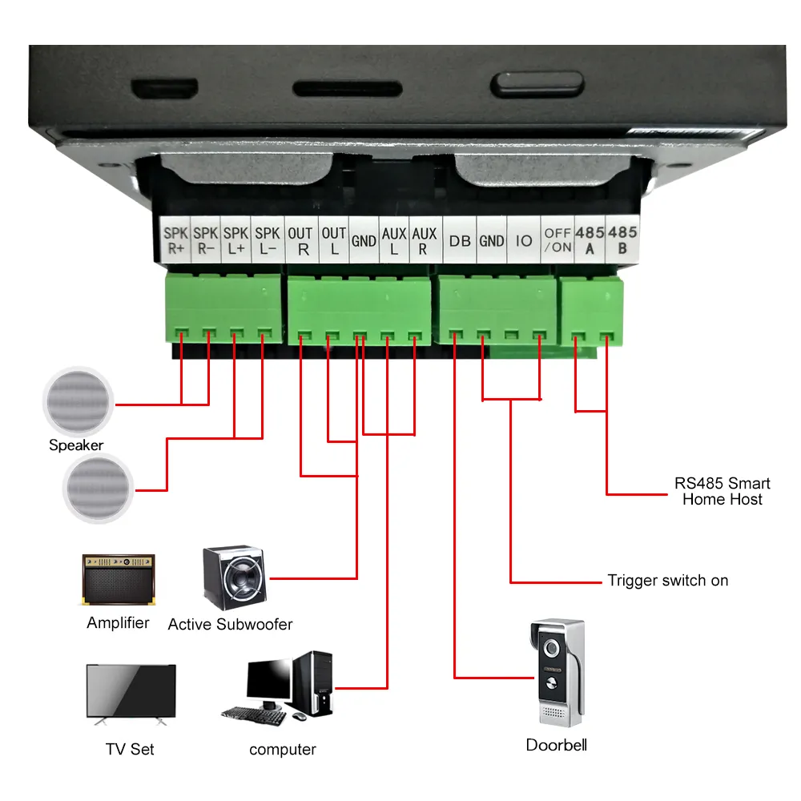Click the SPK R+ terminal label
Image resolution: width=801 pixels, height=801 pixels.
click(x=175, y=240)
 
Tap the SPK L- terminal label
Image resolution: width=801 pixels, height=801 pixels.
click(x=267, y=240)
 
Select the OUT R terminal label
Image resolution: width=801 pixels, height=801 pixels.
click(x=300, y=240)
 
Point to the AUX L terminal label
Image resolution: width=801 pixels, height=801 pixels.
click(x=393, y=240)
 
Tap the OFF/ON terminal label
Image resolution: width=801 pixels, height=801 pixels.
click(x=557, y=240)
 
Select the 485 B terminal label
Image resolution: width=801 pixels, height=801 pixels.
click(x=622, y=240)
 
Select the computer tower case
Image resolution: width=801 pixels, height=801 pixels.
click(x=314, y=682)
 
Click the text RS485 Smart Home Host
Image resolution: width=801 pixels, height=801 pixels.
click(x=722, y=491)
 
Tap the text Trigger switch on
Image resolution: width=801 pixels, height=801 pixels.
click(x=667, y=581)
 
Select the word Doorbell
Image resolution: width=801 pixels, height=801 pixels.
click(x=556, y=745)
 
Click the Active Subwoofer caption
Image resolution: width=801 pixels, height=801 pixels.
click(x=230, y=624)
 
